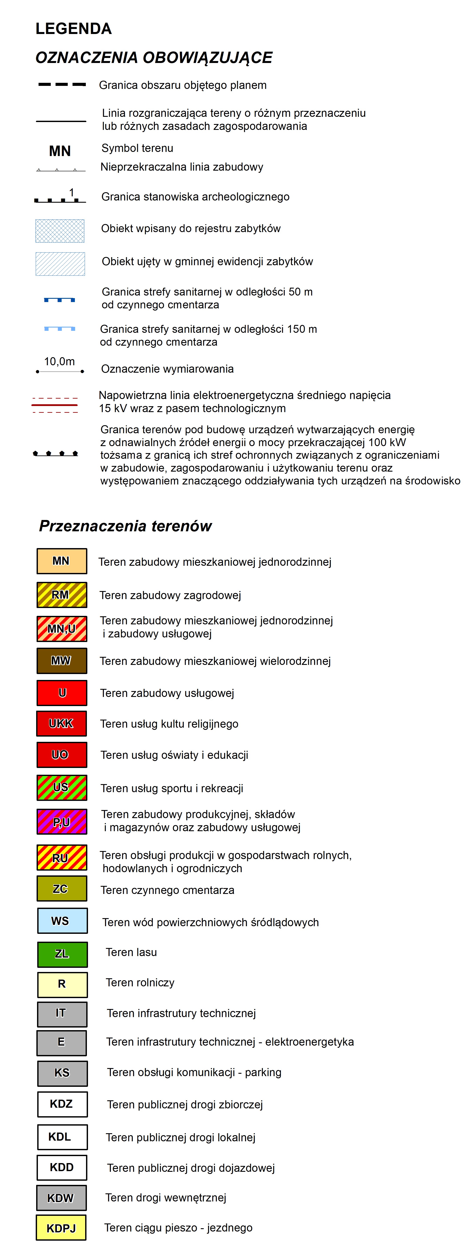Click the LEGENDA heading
pyautogui.click(x=74, y=29)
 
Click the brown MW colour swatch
pyautogui.click(x=61, y=661)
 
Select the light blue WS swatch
pyautogui.click(x=62, y=921)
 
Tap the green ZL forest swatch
pyautogui.click(x=62, y=954)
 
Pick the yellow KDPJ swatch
pyautogui.click(x=61, y=1228)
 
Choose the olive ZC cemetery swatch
pyautogui.click(x=61, y=888)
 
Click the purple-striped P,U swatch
pyautogui.click(x=61, y=822)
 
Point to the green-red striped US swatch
pyautogui.click(x=61, y=788)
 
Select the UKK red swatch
pyautogui.click(x=61, y=724)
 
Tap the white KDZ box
pyautogui.click(x=62, y=1104)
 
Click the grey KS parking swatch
pyautogui.click(x=62, y=1073)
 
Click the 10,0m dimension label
pyautogui.click(x=59, y=362)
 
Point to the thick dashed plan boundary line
pyautogui.click(x=62, y=84)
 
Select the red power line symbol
pyautogui.click(x=55, y=405)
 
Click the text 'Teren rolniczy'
pyautogui.click(x=140, y=983)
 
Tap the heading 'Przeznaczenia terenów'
pyautogui.click(x=125, y=526)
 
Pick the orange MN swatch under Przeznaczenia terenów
pyautogui.click(x=61, y=561)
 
